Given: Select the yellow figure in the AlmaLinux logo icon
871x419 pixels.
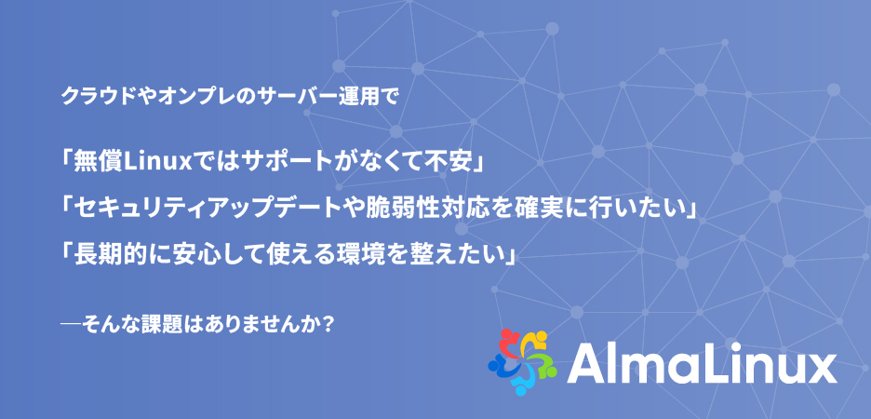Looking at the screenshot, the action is [534, 340].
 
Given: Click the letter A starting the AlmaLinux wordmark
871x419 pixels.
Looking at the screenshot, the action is [584, 363].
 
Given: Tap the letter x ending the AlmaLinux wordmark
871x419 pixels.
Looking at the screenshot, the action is [821, 368].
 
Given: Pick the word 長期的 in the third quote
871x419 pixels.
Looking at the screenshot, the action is [104, 255].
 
